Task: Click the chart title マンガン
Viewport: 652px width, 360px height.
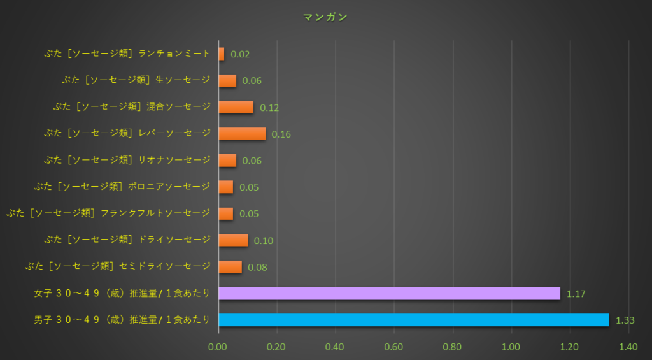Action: click(x=325, y=17)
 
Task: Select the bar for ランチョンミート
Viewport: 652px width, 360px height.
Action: click(x=221, y=54)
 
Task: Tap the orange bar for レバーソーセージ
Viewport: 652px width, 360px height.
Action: click(x=242, y=134)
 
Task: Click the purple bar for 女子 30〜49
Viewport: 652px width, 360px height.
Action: click(x=389, y=293)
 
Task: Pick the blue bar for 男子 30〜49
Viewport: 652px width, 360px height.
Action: click(x=413, y=320)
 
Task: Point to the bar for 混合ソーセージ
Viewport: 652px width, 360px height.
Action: click(x=236, y=107)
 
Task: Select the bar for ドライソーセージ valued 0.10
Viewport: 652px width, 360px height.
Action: click(x=233, y=240)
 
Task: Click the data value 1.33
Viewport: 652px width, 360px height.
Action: click(x=625, y=320)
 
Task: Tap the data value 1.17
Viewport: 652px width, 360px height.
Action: click(x=576, y=294)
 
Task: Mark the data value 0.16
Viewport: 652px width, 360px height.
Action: click(x=281, y=134)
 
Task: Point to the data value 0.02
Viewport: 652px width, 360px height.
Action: click(x=240, y=55)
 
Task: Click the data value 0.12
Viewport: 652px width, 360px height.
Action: click(x=269, y=108)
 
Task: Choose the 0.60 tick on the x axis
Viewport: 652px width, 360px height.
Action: click(x=393, y=347)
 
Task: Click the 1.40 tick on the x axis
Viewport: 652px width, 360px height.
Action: click(x=628, y=347)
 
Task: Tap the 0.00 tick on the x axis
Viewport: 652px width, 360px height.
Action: click(x=218, y=347)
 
